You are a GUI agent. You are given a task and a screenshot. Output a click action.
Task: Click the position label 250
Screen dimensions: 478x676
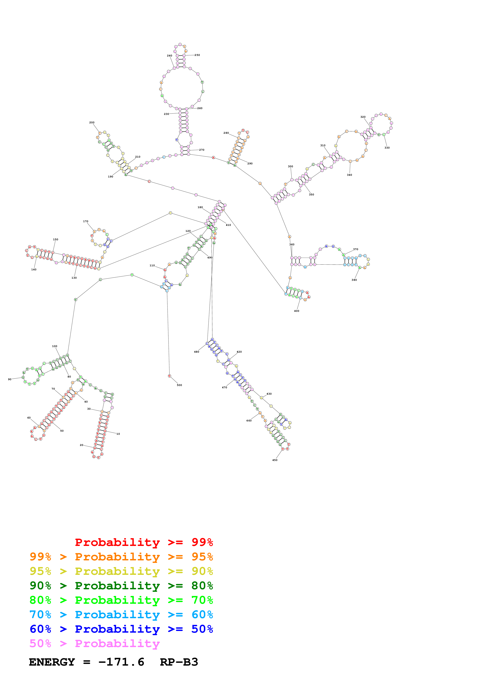(197, 55)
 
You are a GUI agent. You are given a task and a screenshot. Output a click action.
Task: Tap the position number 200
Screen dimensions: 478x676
(92, 123)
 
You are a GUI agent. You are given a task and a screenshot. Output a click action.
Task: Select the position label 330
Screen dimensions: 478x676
(387, 148)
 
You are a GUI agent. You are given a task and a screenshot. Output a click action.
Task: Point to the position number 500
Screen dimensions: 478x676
(179, 385)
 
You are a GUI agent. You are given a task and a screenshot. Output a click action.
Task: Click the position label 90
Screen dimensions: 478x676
(10, 379)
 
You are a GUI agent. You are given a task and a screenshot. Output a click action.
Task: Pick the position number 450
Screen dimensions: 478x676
(275, 460)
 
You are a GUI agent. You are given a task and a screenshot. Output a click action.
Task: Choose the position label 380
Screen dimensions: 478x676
(354, 280)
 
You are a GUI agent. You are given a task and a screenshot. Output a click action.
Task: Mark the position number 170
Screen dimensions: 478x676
(86, 221)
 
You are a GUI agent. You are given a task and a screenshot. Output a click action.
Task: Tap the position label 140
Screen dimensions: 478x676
(34, 269)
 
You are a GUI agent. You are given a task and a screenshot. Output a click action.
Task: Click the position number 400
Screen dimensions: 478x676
(297, 311)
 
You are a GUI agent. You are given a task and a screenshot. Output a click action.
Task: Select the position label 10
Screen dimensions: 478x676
(118, 434)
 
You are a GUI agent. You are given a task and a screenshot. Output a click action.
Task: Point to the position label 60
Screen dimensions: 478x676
(29, 418)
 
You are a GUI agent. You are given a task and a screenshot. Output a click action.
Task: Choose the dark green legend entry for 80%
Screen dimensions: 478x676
(121, 586)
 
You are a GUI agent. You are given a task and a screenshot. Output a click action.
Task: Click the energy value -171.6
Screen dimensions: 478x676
(121, 662)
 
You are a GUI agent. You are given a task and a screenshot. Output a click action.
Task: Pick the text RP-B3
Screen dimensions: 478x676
(179, 662)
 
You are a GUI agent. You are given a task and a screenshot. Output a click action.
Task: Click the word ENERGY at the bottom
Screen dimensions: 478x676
(52, 662)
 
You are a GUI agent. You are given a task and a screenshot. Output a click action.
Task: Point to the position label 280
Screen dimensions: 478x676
(226, 133)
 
